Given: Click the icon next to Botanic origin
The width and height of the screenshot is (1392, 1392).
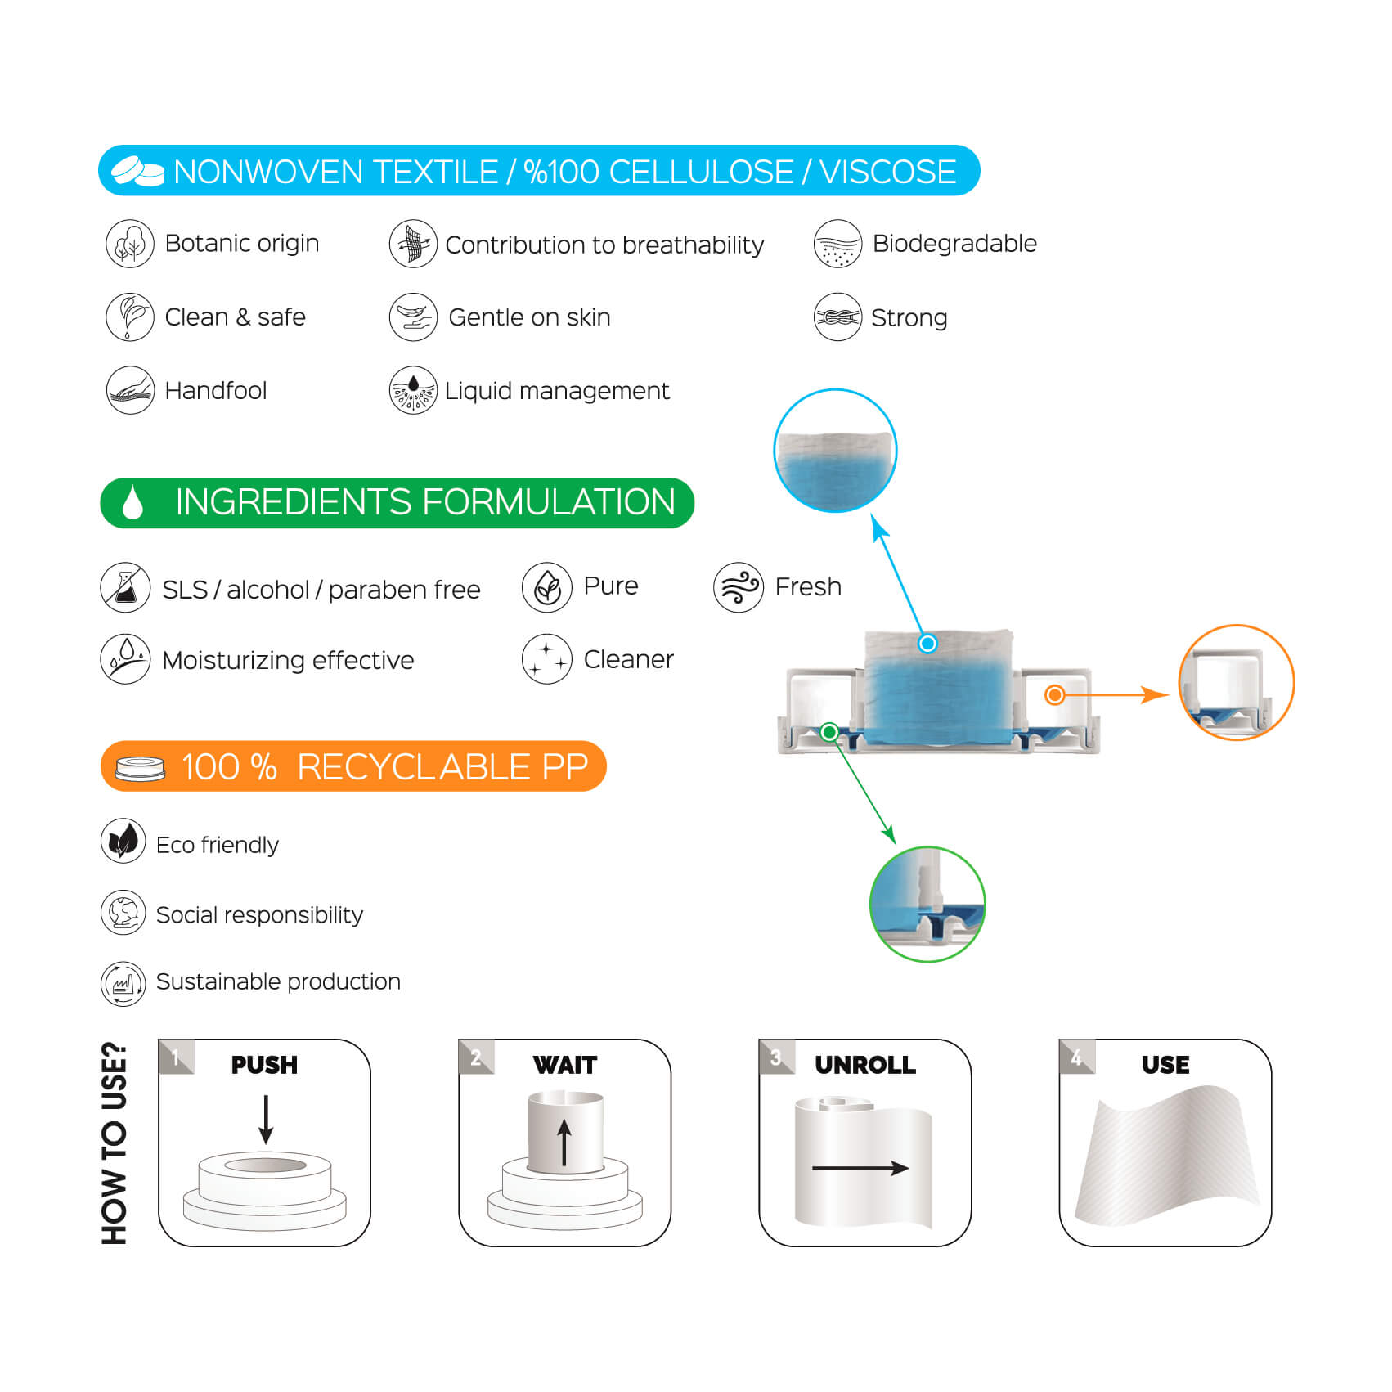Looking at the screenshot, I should tap(129, 244).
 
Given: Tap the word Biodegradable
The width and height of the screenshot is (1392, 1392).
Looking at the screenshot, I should tap(954, 244).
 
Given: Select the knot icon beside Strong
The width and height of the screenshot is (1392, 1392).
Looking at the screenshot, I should tap(837, 317).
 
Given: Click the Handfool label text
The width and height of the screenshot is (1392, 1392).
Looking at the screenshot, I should tap(215, 391).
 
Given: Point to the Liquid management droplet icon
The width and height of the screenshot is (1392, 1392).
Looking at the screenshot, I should tap(413, 390).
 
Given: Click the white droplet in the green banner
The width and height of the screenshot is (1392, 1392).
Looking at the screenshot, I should tap(132, 502).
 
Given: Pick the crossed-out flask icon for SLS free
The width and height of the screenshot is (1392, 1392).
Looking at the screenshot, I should tap(125, 587).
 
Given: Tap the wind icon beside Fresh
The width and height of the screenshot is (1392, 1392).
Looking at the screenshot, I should tap(738, 587).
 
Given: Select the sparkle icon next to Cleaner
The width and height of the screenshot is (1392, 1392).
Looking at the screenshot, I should tap(546, 658).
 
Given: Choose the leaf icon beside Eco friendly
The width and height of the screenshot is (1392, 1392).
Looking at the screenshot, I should tap(123, 841).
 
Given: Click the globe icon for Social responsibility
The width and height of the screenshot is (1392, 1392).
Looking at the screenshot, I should tap(123, 912).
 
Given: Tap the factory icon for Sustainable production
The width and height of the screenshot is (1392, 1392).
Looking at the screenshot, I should tap(123, 982).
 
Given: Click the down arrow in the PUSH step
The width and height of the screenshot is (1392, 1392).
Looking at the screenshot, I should tap(265, 1119).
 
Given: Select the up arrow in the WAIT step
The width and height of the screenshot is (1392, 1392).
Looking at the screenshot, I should tap(564, 1142).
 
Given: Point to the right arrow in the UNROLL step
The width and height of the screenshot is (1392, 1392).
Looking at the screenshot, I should tap(860, 1167).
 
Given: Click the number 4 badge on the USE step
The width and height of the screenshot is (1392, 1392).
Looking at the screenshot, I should tap(1075, 1057).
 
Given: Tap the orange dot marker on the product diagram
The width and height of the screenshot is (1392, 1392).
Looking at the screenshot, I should tap(1055, 695).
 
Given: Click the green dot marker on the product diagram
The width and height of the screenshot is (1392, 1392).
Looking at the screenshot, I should tap(829, 731).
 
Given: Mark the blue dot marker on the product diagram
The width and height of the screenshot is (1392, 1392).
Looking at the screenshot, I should tap(927, 644).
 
